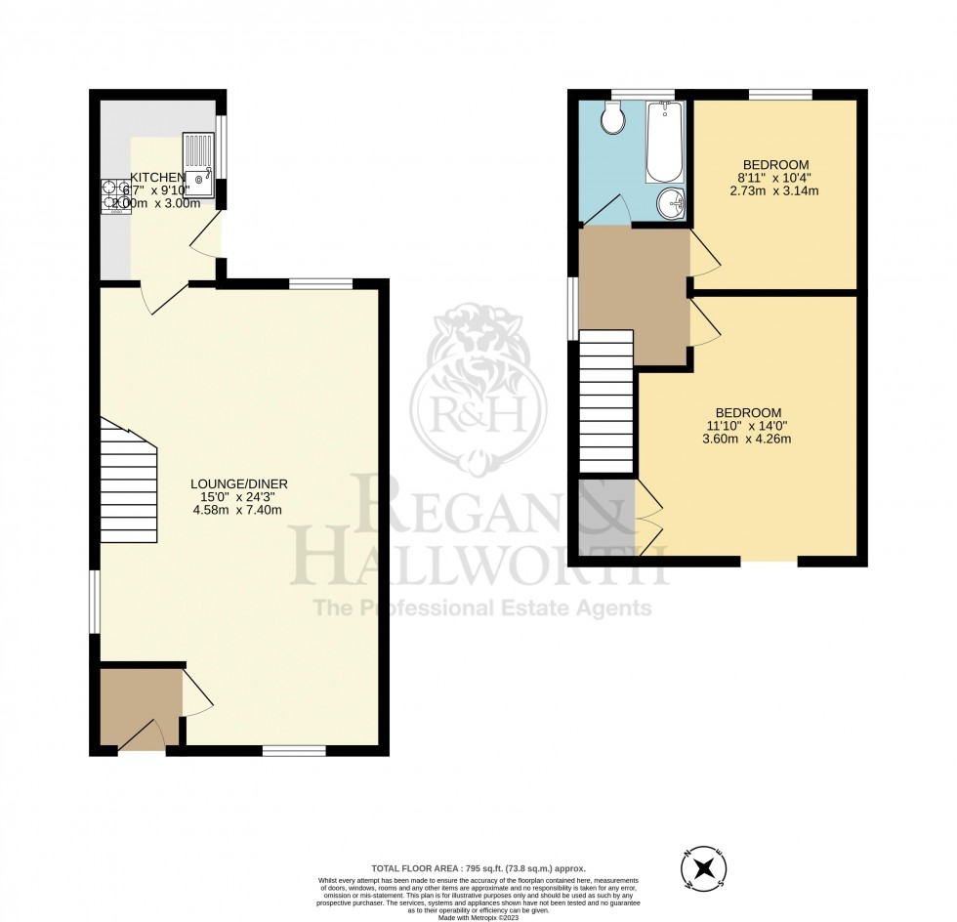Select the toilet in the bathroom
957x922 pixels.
click(x=612, y=119)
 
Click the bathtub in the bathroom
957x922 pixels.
click(x=664, y=144)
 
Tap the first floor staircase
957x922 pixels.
click(x=606, y=401)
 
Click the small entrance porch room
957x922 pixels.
click(x=140, y=708)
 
